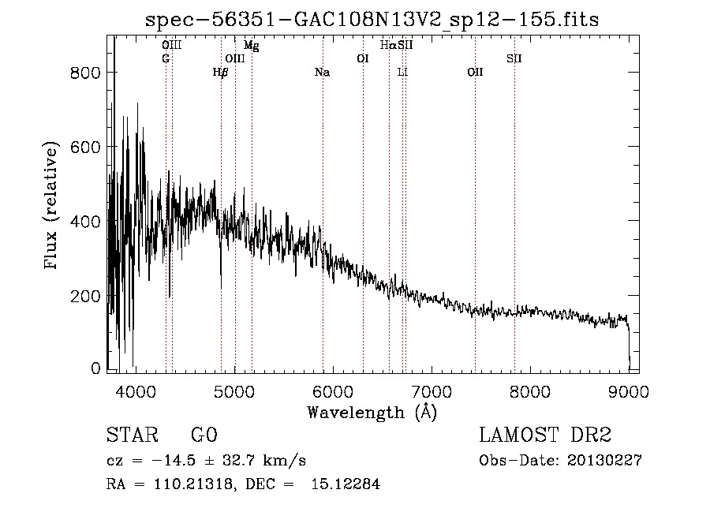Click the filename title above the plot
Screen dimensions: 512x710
[373, 20]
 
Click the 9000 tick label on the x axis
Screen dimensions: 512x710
[628, 391]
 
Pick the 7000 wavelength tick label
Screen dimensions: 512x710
[431, 391]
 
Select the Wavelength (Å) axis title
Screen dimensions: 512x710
[372, 412]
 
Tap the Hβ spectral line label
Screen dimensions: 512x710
[221, 73]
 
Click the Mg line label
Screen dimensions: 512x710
[252, 46]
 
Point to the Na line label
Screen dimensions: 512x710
[322, 73]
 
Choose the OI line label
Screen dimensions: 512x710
[363, 58]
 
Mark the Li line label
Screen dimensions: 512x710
[402, 73]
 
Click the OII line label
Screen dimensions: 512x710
[475, 73]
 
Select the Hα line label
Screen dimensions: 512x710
[387, 46]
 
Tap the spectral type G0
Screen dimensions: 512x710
[204, 435]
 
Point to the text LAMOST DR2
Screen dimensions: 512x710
[545, 435]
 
